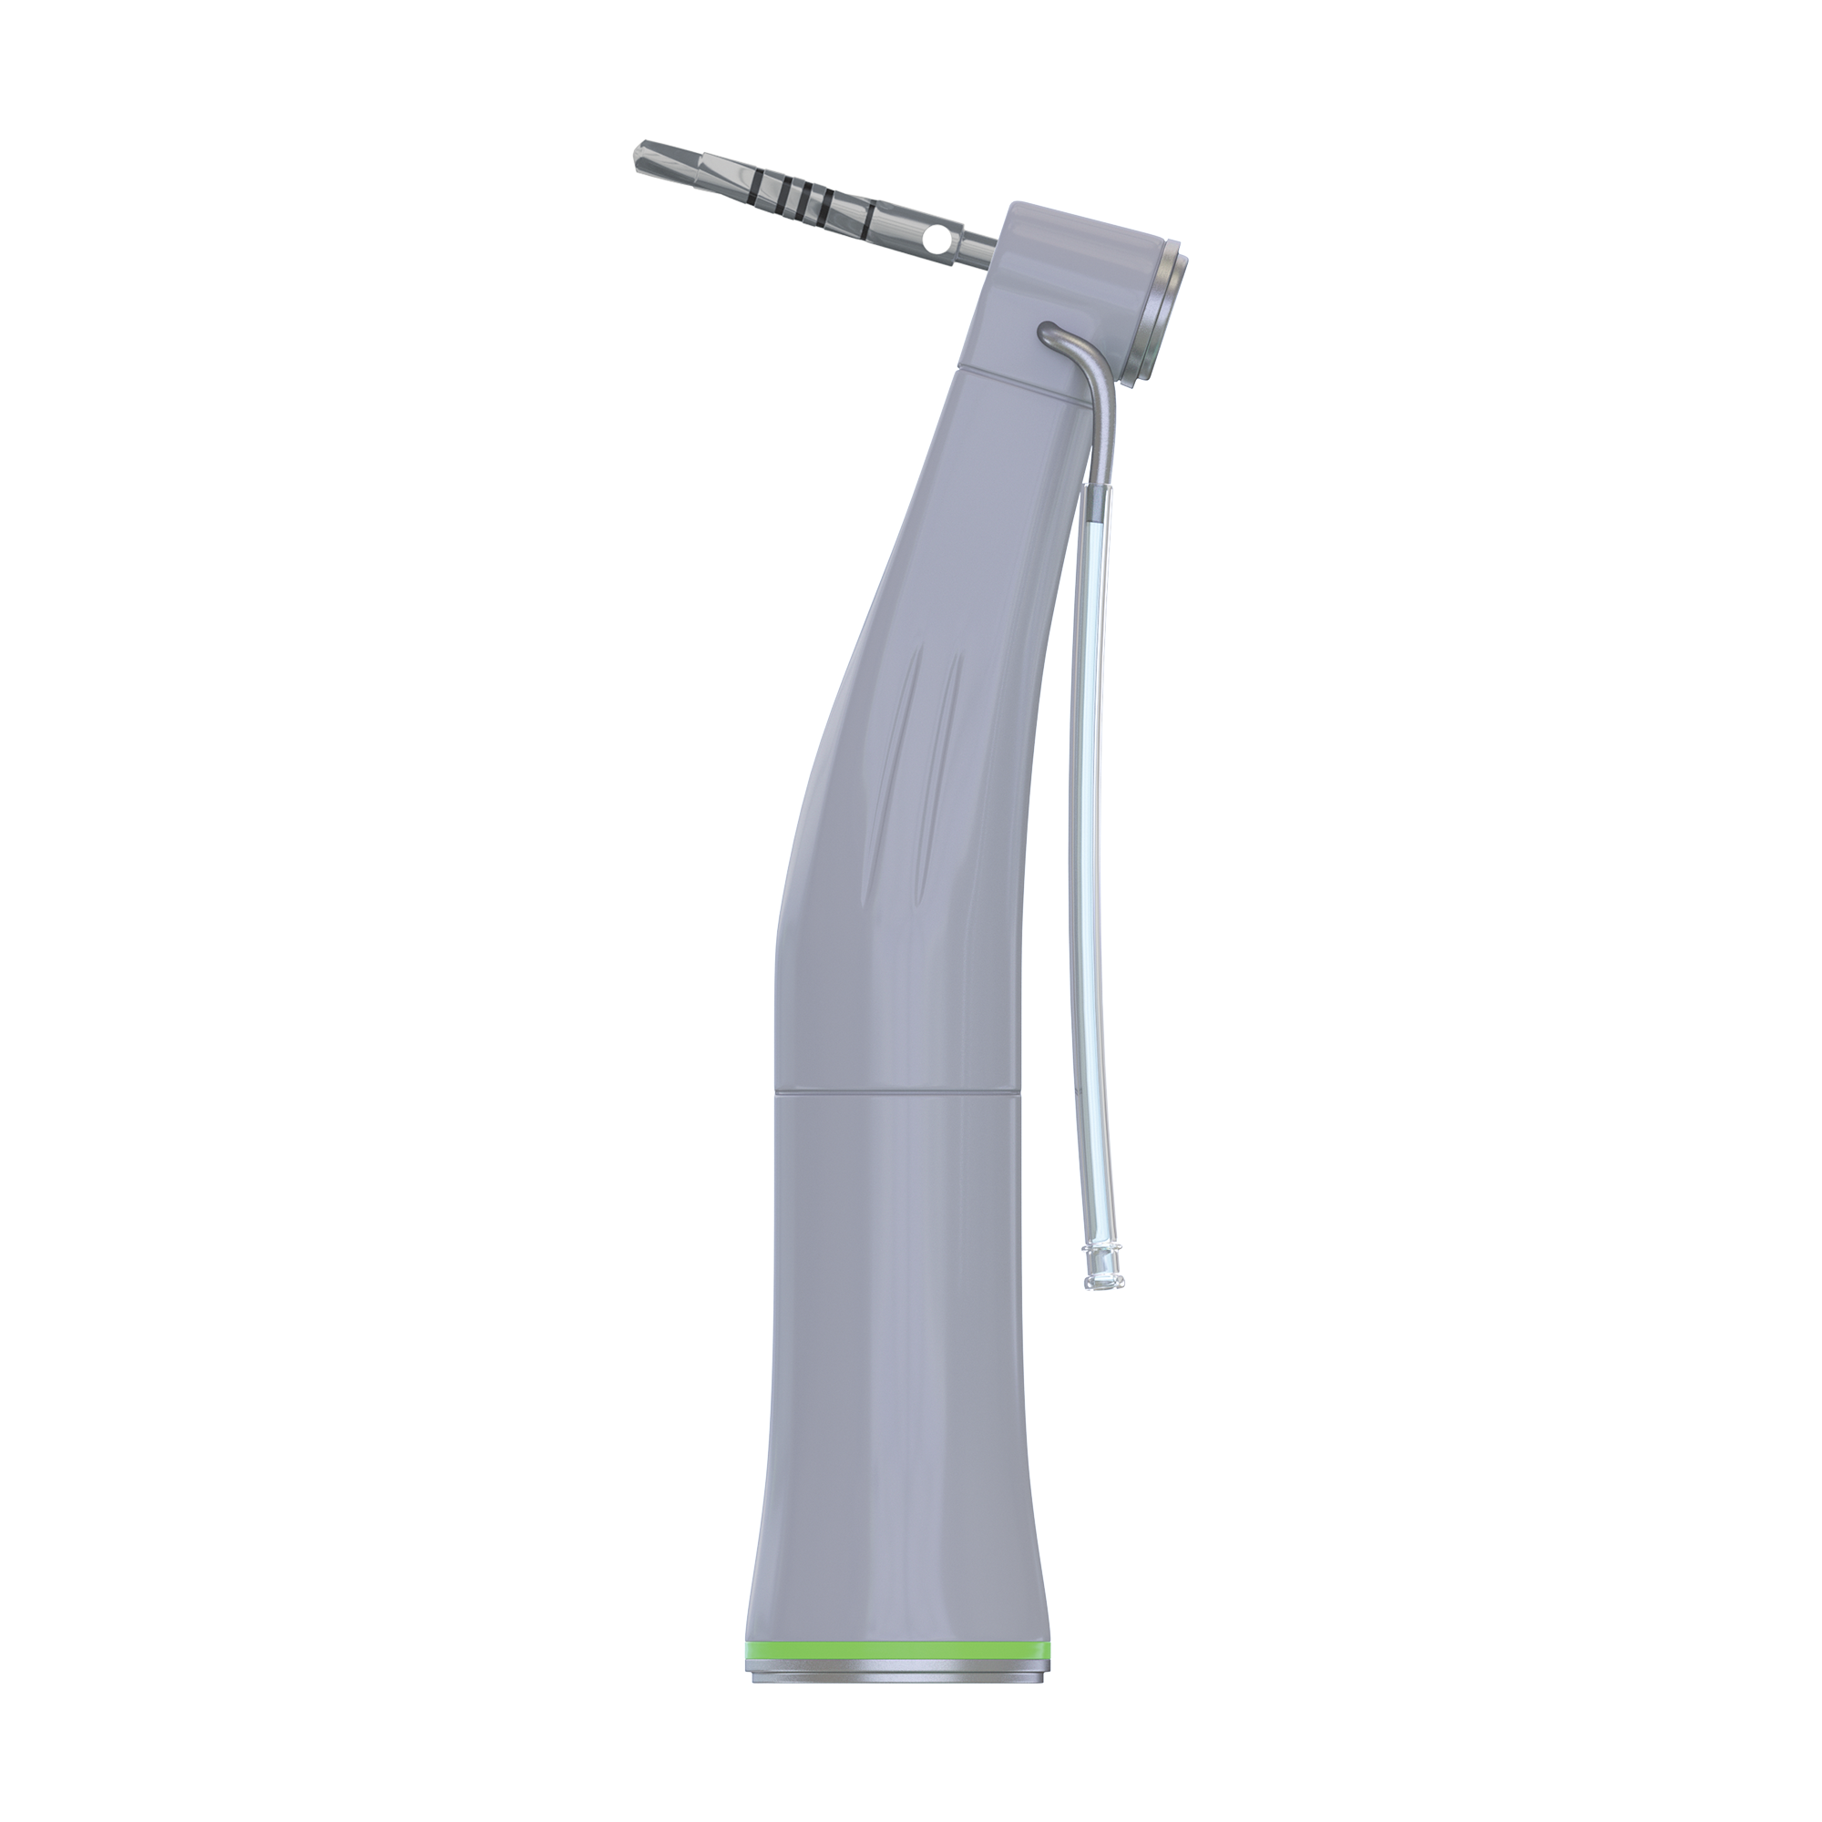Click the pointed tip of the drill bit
(x=633, y=149)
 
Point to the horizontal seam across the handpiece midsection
(x=896, y=1095)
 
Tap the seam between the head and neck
(x=1018, y=374)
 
